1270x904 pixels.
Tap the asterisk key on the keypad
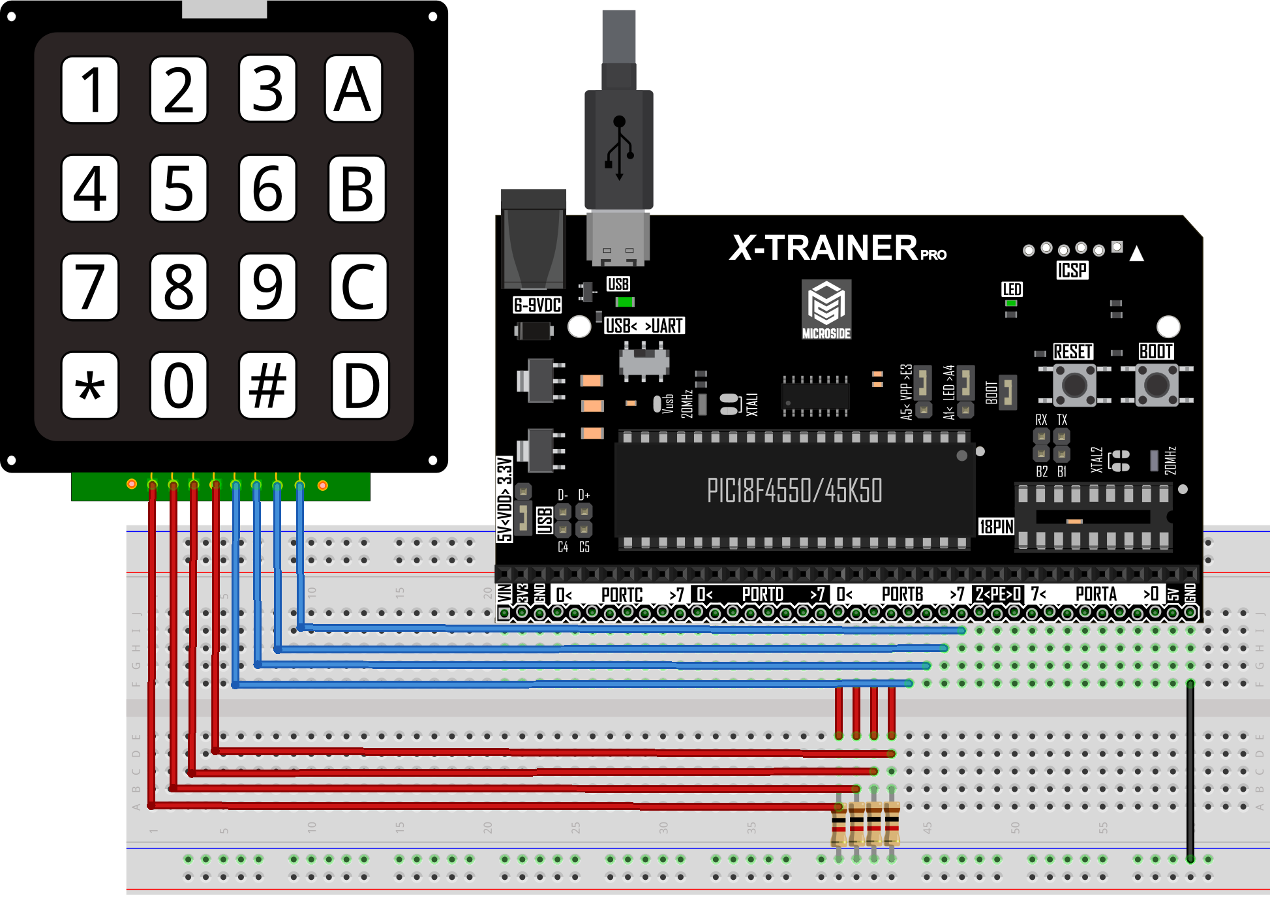click(90, 385)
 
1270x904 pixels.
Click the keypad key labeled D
click(360, 385)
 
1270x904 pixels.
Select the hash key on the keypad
click(267, 385)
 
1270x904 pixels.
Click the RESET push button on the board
click(1074, 384)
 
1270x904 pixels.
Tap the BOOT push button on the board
click(1157, 384)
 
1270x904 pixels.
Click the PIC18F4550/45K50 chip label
click(794, 491)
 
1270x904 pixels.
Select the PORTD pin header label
click(762, 595)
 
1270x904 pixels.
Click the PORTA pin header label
click(1096, 595)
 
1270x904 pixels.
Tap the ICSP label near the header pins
click(1072, 270)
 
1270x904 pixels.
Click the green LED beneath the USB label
click(625, 302)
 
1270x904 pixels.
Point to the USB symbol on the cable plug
click(619, 147)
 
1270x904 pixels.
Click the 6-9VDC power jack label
click(537, 305)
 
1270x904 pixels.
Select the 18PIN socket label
click(996, 527)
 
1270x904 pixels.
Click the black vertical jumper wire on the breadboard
click(1190, 770)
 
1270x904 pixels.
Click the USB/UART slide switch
click(644, 362)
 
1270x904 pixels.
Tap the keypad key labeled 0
click(179, 385)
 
